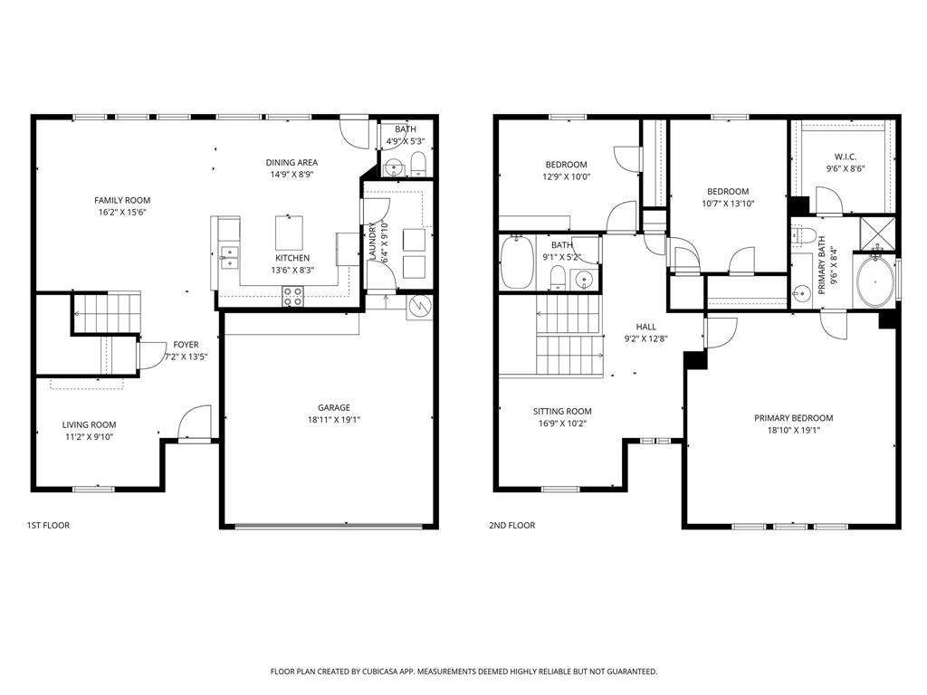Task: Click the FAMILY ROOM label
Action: tap(122, 200)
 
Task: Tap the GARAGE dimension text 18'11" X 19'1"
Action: tap(333, 419)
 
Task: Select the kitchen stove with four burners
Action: tap(294, 293)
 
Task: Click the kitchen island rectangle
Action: tap(289, 233)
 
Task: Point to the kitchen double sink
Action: tap(228, 257)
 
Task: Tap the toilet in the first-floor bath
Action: tap(417, 165)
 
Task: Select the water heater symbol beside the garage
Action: tap(419, 308)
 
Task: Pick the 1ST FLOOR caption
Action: tap(48, 525)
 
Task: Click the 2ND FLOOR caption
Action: tap(511, 525)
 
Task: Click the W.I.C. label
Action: tap(846, 157)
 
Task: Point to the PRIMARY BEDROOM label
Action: tap(793, 418)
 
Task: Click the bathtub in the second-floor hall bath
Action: tap(517, 262)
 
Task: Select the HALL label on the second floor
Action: tap(645, 327)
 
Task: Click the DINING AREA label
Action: tap(291, 163)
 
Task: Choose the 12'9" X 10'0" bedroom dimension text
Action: tap(567, 177)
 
